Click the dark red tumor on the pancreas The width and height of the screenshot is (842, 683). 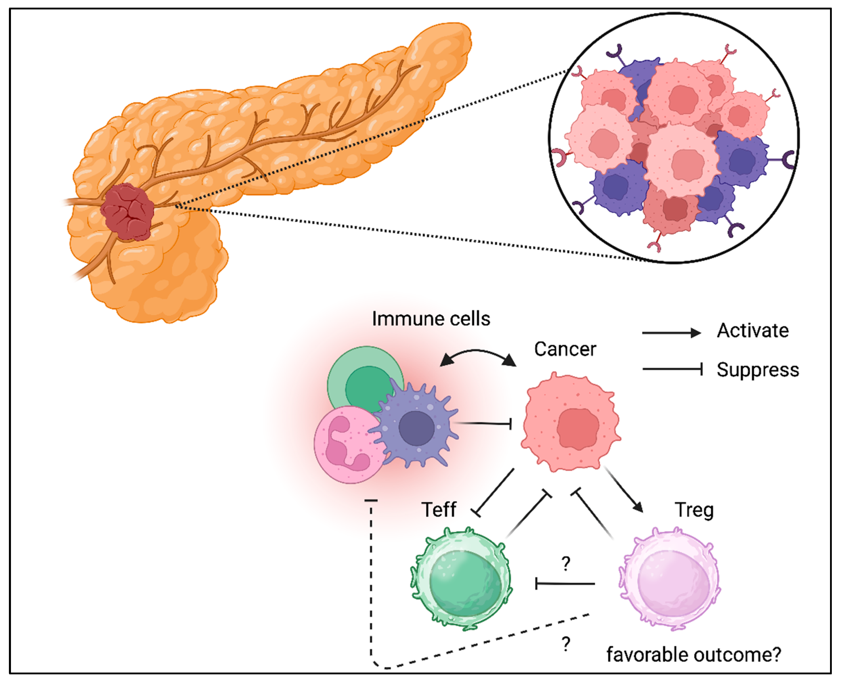click(127, 212)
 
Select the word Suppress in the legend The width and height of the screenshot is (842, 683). click(757, 370)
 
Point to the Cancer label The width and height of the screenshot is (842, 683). click(565, 349)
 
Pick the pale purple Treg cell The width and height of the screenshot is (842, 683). click(669, 578)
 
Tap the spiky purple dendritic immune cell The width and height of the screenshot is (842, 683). click(416, 427)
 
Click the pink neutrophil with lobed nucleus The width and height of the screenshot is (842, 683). click(346, 445)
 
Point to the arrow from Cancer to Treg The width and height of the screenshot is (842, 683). click(623, 490)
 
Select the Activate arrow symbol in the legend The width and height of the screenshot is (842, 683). click(671, 333)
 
